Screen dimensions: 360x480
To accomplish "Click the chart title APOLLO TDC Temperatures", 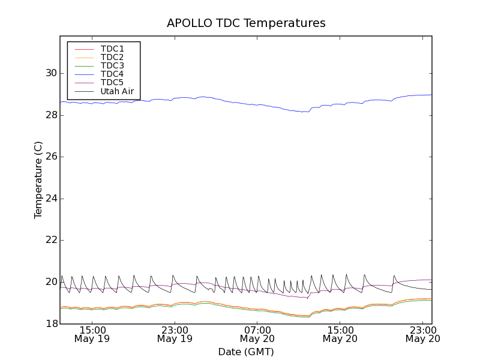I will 246,23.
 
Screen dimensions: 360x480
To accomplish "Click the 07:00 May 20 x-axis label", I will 257,334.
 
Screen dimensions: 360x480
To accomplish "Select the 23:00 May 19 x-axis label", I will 175,334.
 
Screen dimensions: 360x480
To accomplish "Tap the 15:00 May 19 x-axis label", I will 92,334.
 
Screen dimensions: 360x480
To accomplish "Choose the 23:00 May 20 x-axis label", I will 423,334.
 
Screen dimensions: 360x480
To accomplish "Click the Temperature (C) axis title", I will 38,180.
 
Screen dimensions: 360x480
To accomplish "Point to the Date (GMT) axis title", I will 246,352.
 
